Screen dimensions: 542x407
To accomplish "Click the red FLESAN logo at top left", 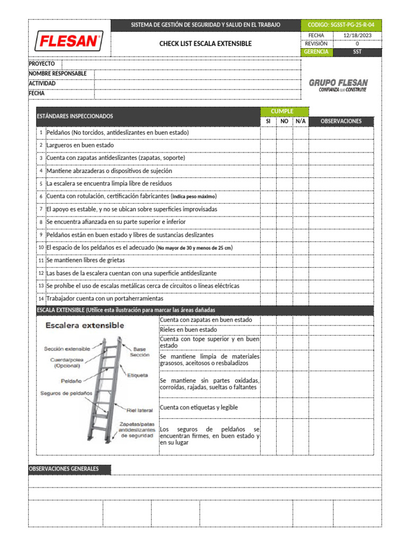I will (69, 41).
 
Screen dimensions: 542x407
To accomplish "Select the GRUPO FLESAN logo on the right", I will (338, 85).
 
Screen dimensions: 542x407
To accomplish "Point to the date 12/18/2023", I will (357, 35).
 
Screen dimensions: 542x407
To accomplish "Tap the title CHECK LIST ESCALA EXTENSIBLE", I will (206, 44).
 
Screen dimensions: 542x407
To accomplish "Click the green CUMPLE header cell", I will (284, 111).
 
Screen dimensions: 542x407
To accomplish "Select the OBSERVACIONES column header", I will (341, 121).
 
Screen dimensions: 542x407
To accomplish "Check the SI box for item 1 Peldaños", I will (268, 132).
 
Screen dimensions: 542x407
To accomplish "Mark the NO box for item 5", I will (284, 184).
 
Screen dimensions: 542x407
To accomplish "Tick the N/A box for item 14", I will (300, 299).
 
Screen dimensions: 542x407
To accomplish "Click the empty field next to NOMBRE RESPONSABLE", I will (197, 74).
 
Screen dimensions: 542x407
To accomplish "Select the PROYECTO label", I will (42, 64).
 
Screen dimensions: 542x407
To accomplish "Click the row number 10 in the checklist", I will (41, 248).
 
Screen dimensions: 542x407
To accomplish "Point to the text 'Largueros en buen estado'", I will (80, 145).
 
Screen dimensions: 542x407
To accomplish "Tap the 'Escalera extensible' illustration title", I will (85, 326).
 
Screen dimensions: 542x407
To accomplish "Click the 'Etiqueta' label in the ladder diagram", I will (137, 375).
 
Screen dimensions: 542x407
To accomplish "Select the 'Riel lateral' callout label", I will (140, 410).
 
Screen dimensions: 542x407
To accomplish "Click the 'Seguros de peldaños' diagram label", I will (66, 393).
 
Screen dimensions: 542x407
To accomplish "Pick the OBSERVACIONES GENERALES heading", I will (64, 469).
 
